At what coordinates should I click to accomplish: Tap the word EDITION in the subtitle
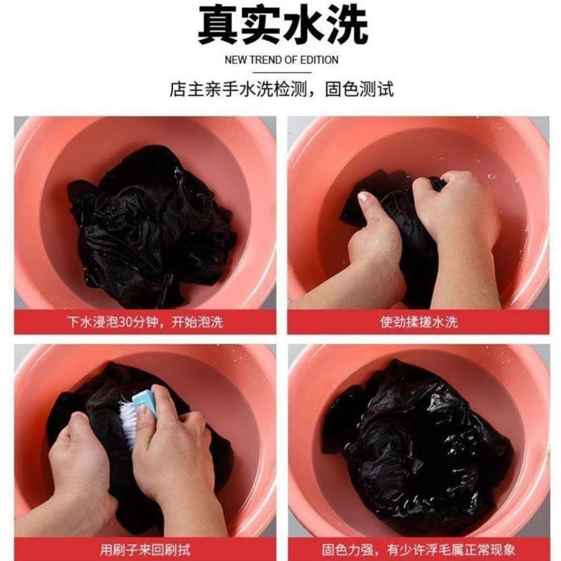tap(319, 60)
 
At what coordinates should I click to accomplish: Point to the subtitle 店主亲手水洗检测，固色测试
tap(281, 90)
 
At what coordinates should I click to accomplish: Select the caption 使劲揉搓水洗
tap(418, 322)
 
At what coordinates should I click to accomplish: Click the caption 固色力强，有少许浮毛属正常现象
tap(418, 549)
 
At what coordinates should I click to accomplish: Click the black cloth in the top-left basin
tap(150, 228)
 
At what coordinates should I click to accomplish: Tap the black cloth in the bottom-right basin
tap(417, 446)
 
